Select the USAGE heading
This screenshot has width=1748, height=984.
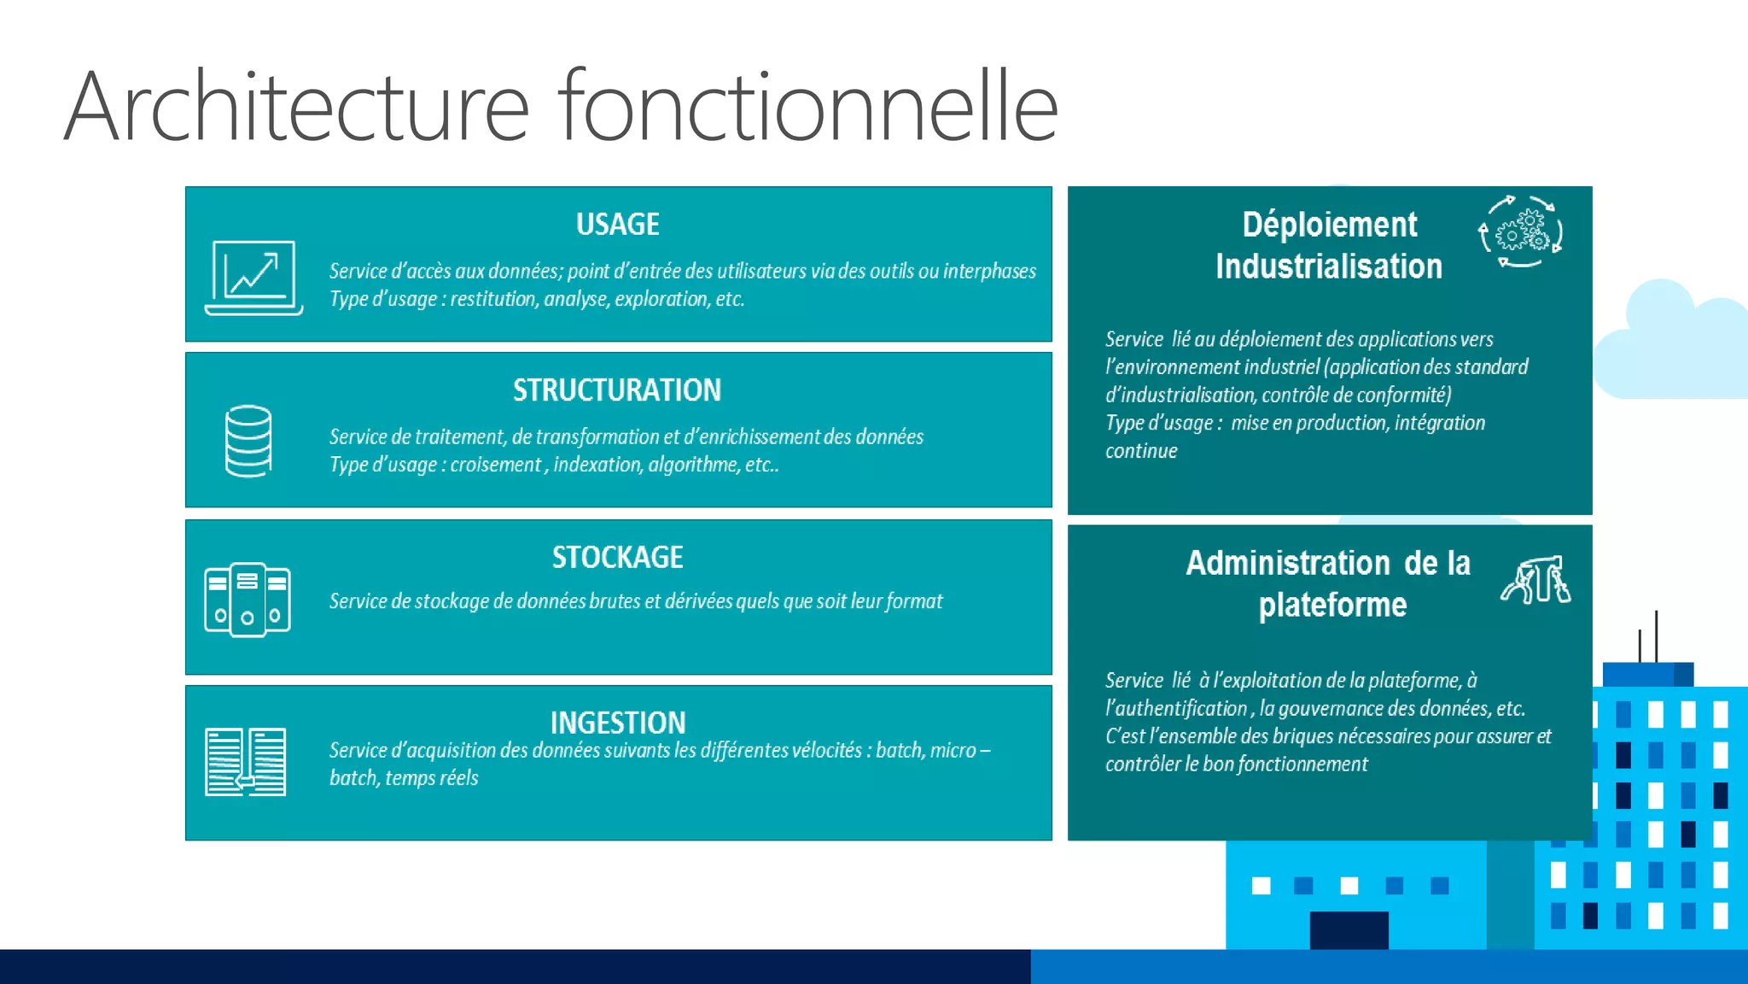(617, 225)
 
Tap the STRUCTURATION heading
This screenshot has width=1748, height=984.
(617, 390)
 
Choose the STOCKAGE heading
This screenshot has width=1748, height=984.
(617, 558)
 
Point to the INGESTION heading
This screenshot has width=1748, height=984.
(617, 723)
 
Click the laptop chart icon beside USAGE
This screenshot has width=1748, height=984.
(253, 278)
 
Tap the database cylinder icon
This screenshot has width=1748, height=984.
(248, 441)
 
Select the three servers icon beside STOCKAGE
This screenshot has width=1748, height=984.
(248, 600)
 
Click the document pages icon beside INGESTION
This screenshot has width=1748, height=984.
(246, 761)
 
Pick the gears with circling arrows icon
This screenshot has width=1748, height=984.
(1520, 231)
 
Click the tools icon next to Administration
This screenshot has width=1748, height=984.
(1535, 580)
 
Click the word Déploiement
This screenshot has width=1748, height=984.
(1329, 225)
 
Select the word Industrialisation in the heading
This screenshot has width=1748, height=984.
(1329, 266)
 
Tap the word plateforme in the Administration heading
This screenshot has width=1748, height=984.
(1332, 605)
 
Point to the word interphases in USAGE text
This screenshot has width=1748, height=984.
(989, 272)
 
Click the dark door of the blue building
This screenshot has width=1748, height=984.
(1349, 929)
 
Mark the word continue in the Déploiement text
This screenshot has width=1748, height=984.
(1141, 451)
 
